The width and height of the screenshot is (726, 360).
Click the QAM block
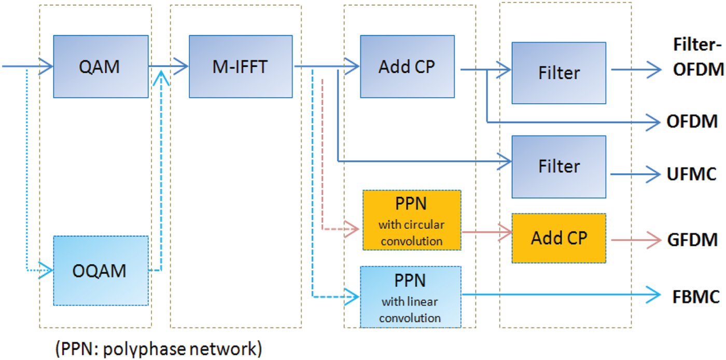[x=101, y=66]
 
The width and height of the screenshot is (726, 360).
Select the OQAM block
[x=101, y=270]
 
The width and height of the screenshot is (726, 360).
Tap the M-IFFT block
[x=242, y=66]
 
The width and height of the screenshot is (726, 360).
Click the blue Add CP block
[x=407, y=66]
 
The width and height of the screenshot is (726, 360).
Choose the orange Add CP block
[x=559, y=238]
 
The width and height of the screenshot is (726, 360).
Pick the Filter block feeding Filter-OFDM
[x=559, y=73]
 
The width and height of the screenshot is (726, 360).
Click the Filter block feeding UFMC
[x=559, y=166]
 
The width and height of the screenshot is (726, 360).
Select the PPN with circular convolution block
[x=411, y=220]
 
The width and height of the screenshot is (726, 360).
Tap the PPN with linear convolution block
[x=411, y=297]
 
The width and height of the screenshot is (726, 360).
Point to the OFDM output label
[x=692, y=122]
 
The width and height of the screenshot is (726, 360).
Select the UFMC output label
[x=692, y=174]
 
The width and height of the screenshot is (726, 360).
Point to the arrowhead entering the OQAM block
[x=47, y=270]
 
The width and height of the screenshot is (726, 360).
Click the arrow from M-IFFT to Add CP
[x=327, y=66]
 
